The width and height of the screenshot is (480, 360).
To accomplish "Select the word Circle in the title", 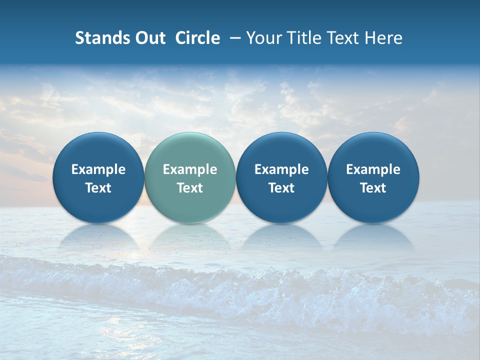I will pos(197,38).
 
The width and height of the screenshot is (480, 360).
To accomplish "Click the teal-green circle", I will pos(190,150).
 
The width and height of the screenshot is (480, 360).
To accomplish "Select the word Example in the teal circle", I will pos(190,169).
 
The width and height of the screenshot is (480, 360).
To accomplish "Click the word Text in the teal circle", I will pos(190,188).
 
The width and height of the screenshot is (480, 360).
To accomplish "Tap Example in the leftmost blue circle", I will pos(98,169).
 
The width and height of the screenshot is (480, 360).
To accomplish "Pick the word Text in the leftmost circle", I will pos(98,188).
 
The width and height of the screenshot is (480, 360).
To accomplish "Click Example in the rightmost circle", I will pos(373,169).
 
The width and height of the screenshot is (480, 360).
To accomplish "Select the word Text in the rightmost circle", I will pos(373,188).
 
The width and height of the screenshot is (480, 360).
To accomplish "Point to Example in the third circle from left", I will pos(281,169).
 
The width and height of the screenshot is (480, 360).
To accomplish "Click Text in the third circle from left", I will pos(281,188).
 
